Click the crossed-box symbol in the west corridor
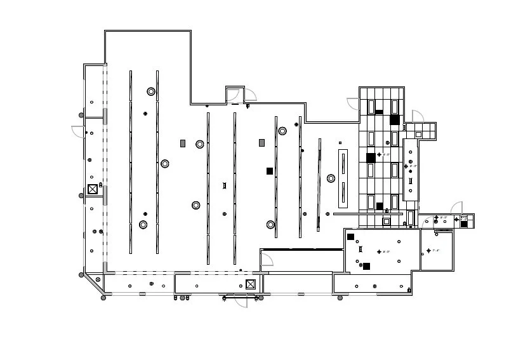click(93, 189)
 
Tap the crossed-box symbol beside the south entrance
click(251, 284)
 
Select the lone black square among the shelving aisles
click(270, 171)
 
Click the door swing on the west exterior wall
click(77, 131)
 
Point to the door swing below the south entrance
click(241, 301)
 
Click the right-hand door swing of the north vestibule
click(250, 94)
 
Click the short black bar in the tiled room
click(379, 112)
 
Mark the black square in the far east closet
click(464, 223)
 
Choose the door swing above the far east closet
click(456, 208)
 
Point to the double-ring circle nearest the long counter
click(331, 178)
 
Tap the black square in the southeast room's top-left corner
click(350, 237)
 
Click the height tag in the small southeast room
click(435, 250)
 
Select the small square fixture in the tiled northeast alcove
click(418, 135)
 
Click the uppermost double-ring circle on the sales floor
click(151, 91)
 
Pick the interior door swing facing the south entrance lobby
click(267, 259)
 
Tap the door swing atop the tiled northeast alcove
click(418, 116)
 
